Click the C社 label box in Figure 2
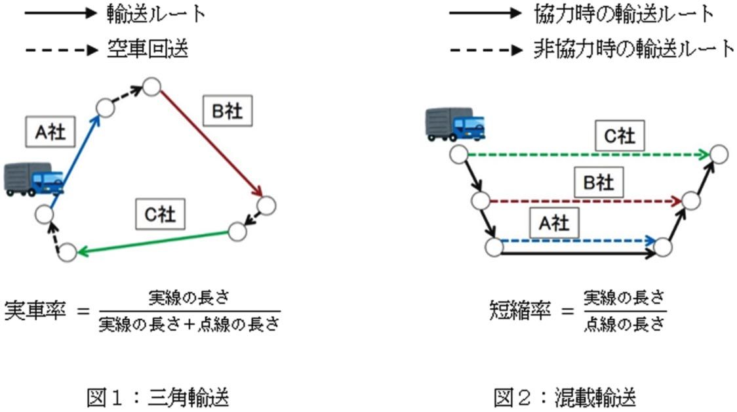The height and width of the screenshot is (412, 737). [620, 136]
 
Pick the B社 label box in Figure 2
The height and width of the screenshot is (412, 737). [598, 182]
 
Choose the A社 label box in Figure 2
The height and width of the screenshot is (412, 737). [553, 224]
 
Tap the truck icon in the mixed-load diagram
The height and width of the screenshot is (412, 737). [454, 124]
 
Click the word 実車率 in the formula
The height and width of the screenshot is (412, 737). [37, 310]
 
